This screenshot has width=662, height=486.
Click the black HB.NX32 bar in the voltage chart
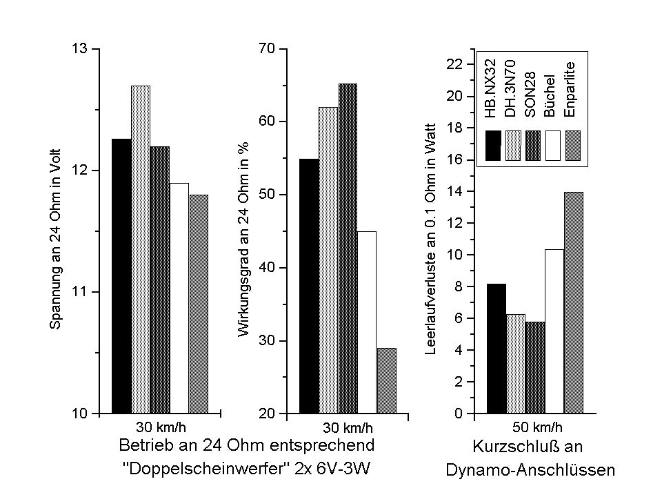(121, 276)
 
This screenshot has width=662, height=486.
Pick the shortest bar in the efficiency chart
(386, 380)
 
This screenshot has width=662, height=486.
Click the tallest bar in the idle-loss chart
(573, 303)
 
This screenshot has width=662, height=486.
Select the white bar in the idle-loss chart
(554, 331)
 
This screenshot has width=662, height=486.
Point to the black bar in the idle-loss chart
(496, 349)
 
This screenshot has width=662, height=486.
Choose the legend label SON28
(532, 90)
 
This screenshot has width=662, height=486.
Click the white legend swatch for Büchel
(553, 145)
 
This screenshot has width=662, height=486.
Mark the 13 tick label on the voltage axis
(81, 49)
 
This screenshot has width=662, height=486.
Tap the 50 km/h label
(538, 425)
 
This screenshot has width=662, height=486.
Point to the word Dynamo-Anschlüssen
(530, 471)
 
